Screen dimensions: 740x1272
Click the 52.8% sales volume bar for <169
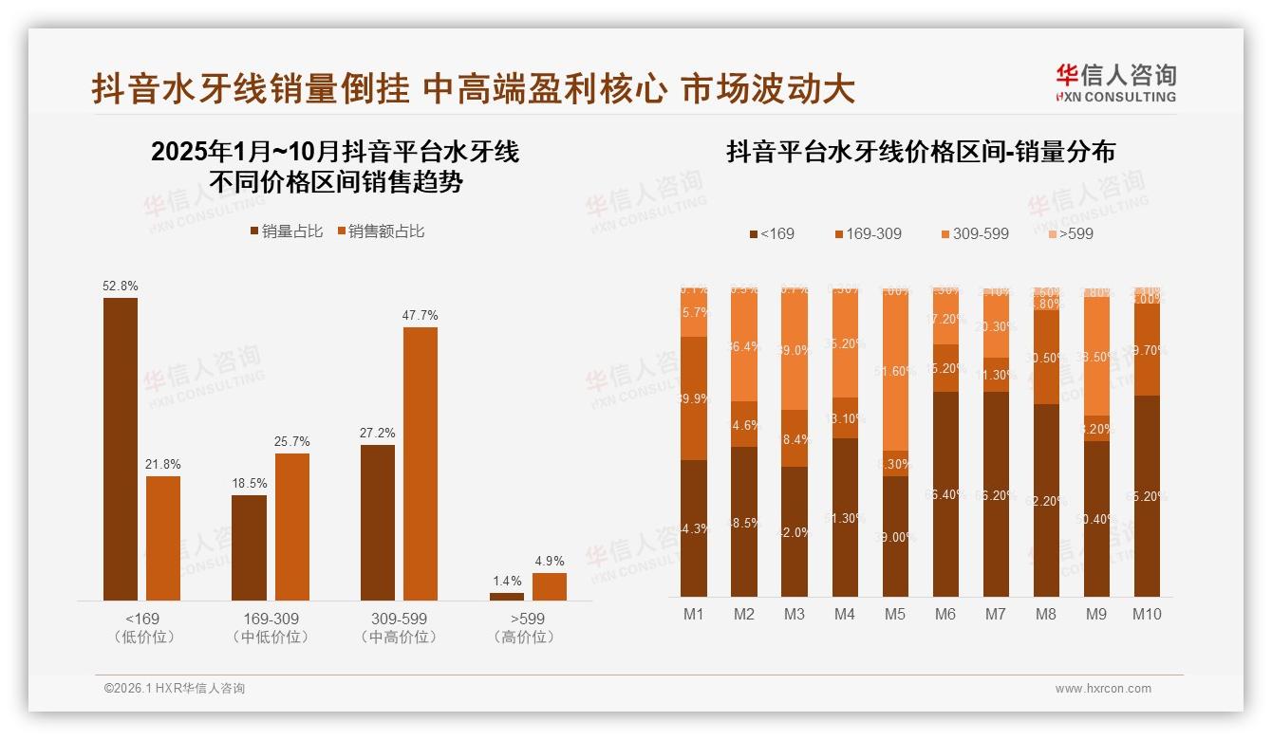(121, 449)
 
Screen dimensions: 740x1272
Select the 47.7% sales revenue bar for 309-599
(421, 464)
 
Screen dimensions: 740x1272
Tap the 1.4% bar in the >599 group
(506, 596)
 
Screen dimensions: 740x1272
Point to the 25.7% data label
(292, 442)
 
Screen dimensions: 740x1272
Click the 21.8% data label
(163, 465)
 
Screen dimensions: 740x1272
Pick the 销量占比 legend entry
(286, 231)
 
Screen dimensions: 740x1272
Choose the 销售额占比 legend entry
(381, 231)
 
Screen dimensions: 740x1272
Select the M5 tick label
(895, 614)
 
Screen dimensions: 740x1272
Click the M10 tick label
(1147, 614)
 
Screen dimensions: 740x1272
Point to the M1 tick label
(694, 614)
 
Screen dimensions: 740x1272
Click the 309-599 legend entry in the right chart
(974, 233)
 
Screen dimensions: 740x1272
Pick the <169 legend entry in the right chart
(772, 233)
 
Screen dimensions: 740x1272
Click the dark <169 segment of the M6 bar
(945, 493)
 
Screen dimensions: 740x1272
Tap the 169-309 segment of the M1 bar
(694, 398)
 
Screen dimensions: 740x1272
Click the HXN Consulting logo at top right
(1115, 83)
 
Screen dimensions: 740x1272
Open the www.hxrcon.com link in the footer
(1103, 689)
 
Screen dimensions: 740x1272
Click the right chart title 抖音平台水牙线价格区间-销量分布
(921, 152)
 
